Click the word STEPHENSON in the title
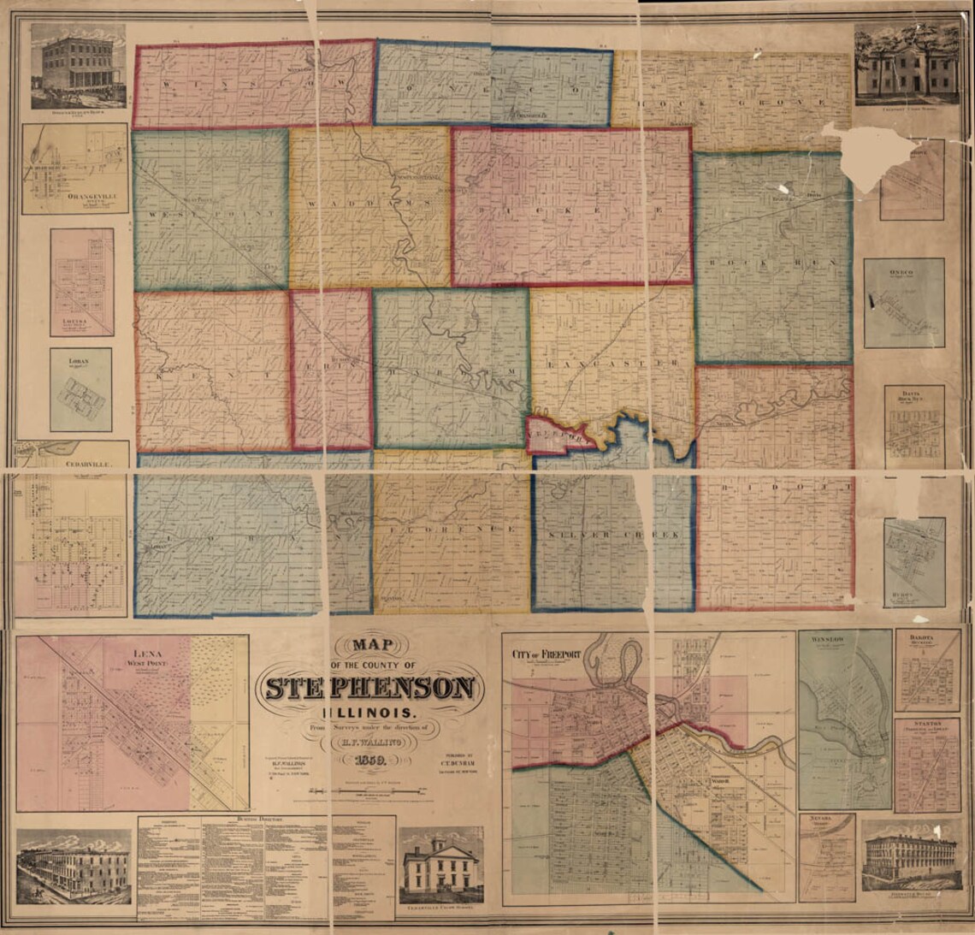pos(369,687)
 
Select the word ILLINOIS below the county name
pos(369,713)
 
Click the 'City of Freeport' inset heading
pos(546,654)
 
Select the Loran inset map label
pos(79,362)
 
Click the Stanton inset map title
pos(927,724)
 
